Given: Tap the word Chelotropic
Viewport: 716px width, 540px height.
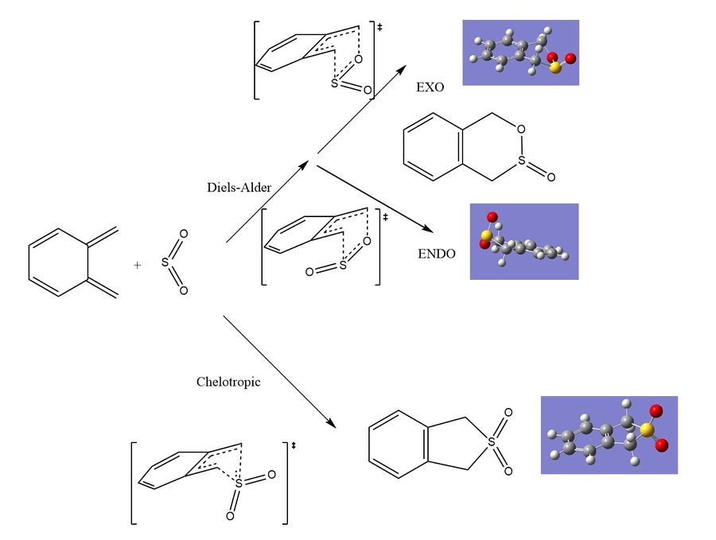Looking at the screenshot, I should point(228,382).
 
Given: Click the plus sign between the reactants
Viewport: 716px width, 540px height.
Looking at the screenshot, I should point(137,265).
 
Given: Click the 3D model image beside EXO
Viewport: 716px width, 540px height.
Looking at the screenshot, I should point(520,52).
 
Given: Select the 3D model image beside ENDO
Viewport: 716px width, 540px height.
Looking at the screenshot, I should point(523,241).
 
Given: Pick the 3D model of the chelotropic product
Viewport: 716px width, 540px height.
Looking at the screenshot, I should point(609,435).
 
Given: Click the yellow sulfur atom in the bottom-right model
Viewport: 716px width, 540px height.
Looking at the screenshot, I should point(645,429).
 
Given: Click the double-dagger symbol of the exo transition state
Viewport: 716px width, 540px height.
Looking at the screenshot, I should point(379,27).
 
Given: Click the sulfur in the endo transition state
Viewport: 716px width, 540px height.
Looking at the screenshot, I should point(342,266).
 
